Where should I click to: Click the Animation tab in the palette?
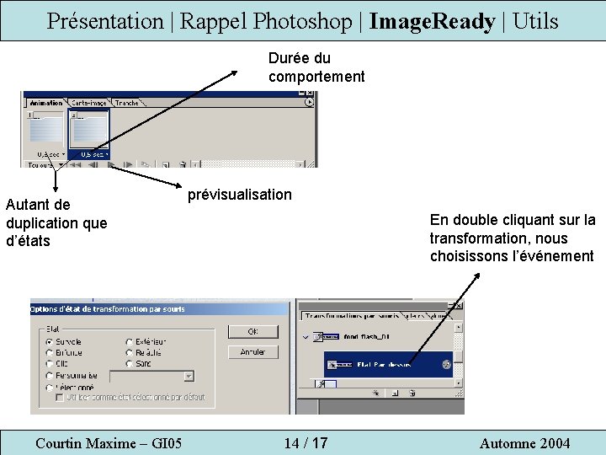tap(45, 103)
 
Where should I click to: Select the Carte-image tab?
tap(88, 103)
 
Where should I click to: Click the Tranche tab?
tap(127, 103)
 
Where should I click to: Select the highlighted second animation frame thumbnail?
tap(90, 130)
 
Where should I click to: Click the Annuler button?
tap(252, 352)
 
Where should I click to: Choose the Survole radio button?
tap(50, 342)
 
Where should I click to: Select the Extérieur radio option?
tap(129, 342)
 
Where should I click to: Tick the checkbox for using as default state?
tap(60, 397)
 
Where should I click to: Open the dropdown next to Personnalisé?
tap(189, 376)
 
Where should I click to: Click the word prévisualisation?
tap(240, 195)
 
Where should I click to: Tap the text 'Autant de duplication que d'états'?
tap(56, 222)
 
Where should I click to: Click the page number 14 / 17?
tap(306, 443)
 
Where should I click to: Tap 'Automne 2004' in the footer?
tap(524, 443)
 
